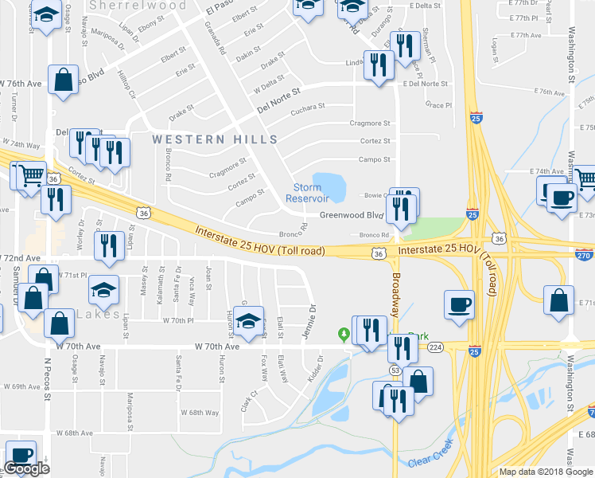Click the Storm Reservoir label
(302, 192)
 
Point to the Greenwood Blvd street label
(350, 215)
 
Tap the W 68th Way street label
(200, 413)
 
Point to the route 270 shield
(584, 253)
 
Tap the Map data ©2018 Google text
(546, 472)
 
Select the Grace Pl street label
(438, 104)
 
